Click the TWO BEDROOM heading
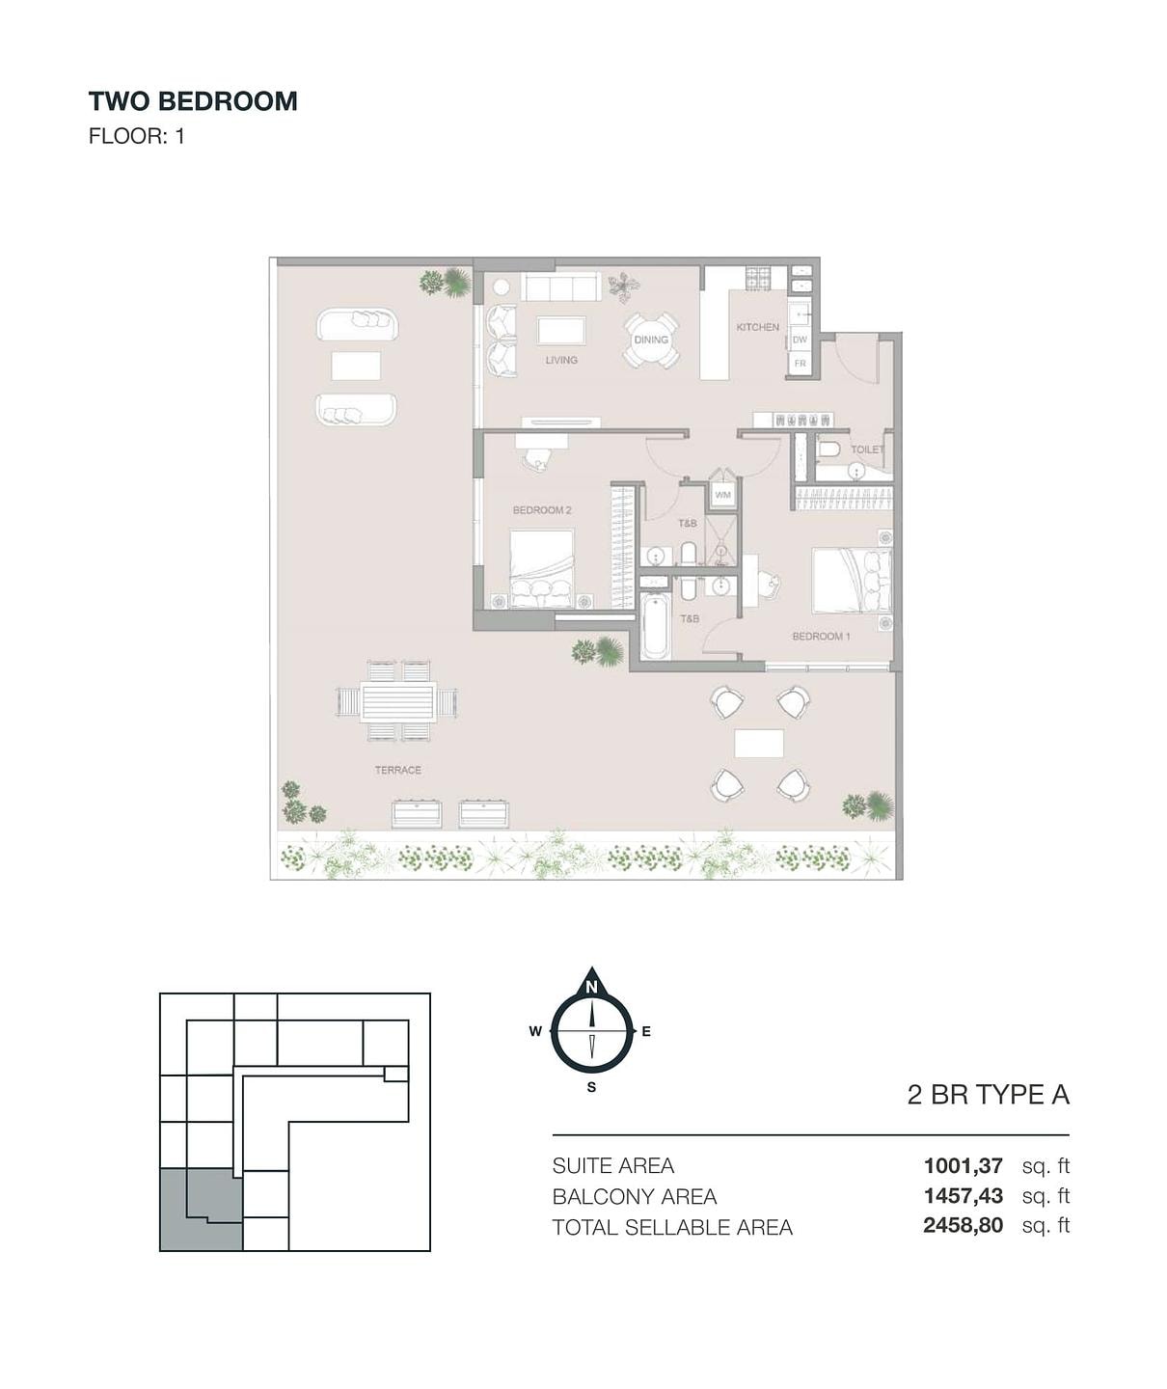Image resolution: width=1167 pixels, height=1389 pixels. tap(193, 101)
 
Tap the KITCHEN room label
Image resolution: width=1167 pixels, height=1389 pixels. tap(757, 327)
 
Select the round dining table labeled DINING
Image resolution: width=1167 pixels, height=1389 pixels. tap(651, 340)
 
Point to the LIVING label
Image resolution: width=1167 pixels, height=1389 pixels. tap(561, 360)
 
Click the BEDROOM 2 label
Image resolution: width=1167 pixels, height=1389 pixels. tap(542, 510)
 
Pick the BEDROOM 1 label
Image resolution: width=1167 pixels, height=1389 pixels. tap(821, 636)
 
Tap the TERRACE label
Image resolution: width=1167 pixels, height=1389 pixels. tap(398, 770)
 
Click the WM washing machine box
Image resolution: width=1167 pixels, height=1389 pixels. tap(722, 495)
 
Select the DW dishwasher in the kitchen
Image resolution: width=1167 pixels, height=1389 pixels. tap(800, 340)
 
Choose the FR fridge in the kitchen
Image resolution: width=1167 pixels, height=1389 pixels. tap(800, 364)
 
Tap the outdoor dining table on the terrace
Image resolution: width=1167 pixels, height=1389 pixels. tap(398, 701)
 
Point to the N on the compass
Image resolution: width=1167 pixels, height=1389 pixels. tap(591, 988)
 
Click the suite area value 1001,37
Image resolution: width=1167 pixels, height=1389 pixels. tap(963, 1165)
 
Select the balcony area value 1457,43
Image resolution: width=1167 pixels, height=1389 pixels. tap(963, 1195)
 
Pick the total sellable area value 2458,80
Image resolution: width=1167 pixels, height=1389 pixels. tap(963, 1225)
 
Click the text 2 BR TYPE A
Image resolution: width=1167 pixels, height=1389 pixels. tap(988, 1094)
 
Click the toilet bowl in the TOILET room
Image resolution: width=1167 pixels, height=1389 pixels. tap(829, 450)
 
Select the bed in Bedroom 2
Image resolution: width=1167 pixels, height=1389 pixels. tap(541, 569)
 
